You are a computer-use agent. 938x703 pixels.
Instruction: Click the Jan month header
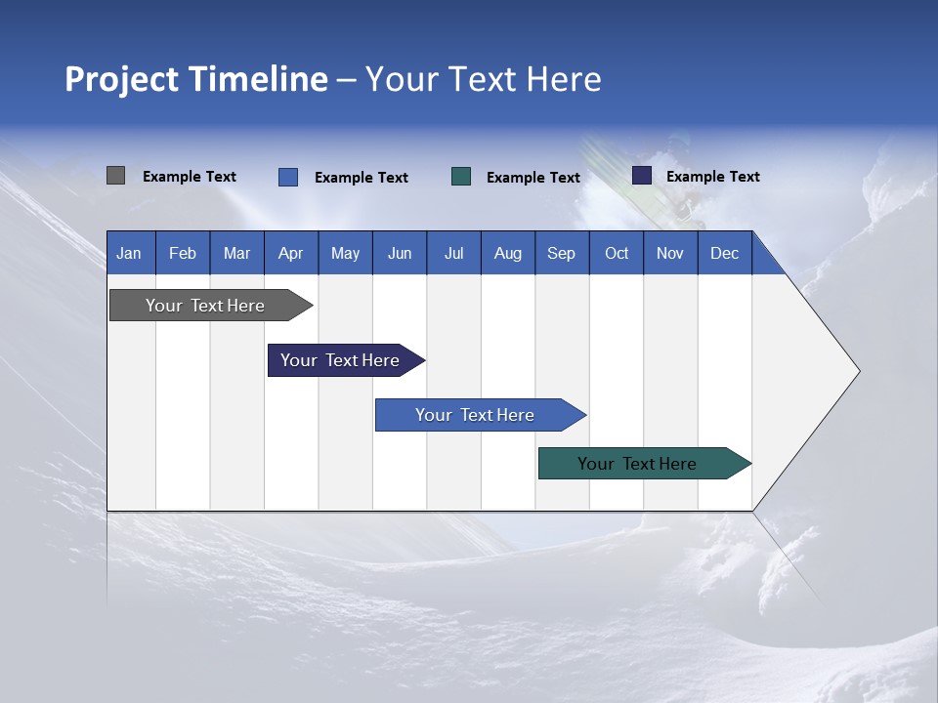[x=130, y=253]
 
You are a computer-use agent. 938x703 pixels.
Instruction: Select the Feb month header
[x=183, y=253]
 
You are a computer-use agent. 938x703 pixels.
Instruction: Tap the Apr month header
[x=291, y=253]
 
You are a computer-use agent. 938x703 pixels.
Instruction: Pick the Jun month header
[x=400, y=253]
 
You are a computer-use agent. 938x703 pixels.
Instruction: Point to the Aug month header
[x=508, y=253]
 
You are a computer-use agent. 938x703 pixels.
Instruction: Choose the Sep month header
[x=562, y=253]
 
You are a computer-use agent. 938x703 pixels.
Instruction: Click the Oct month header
[x=617, y=253]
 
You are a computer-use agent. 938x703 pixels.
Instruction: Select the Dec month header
[x=725, y=253]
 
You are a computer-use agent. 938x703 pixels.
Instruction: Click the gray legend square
[x=115, y=176]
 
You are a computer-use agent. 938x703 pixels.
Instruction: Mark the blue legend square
[x=287, y=177]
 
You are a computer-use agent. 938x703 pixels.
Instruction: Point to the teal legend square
[x=461, y=177]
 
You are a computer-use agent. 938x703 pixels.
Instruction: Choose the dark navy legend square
[x=642, y=176]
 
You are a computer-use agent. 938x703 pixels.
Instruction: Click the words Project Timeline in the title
[x=196, y=79]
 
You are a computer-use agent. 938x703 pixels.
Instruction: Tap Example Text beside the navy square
[x=712, y=177]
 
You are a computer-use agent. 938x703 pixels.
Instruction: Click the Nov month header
[x=670, y=253]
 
